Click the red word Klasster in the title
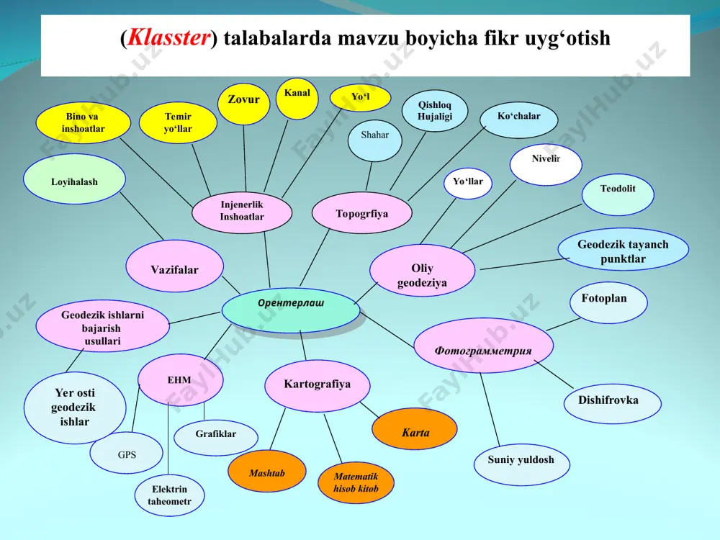(x=168, y=37)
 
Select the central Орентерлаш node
(x=291, y=310)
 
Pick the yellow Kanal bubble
(x=297, y=98)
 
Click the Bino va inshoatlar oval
(x=83, y=122)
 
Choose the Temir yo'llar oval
(x=178, y=122)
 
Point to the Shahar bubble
(x=374, y=140)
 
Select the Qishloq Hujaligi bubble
(x=435, y=111)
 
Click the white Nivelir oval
(x=546, y=164)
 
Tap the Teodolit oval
(x=618, y=194)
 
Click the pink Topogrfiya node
(x=362, y=213)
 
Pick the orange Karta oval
(x=415, y=429)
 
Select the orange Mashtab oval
(x=267, y=472)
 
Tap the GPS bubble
(x=126, y=453)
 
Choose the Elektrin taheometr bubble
(x=169, y=495)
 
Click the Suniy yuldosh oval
(x=521, y=462)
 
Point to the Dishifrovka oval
(x=613, y=404)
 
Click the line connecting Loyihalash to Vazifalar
(x=141, y=216)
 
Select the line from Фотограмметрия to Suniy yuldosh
(x=490, y=410)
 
